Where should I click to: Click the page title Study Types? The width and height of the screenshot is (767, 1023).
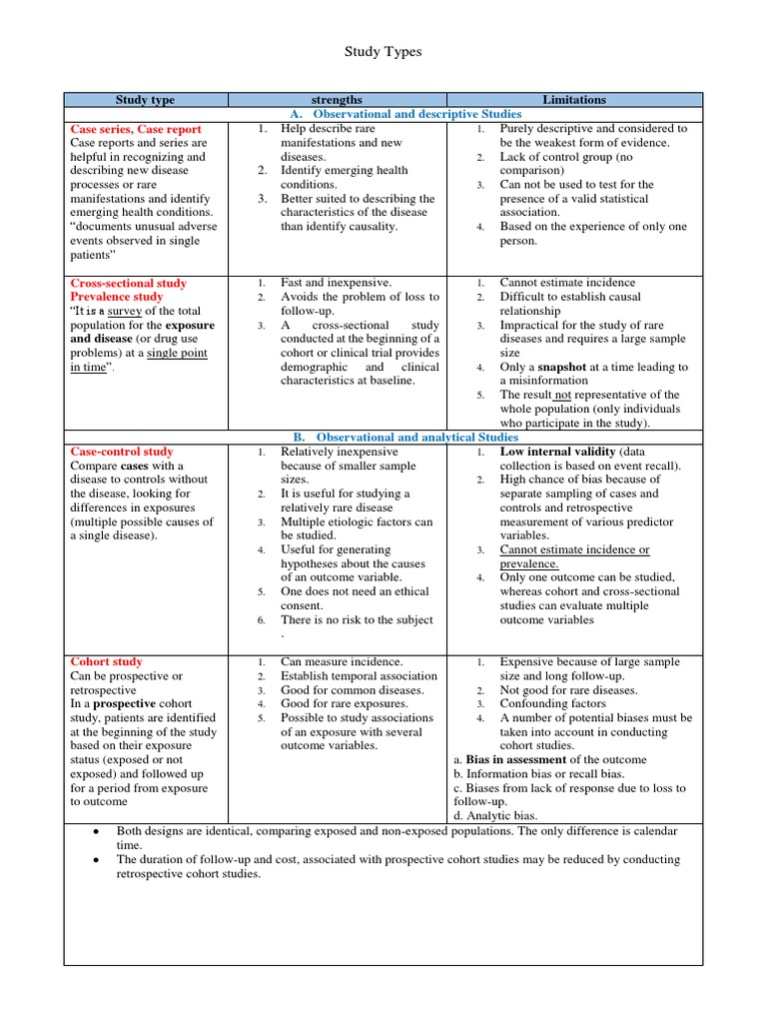pos(383,52)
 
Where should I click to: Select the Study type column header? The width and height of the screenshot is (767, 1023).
pos(145,100)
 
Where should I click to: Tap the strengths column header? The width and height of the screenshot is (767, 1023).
pos(337,100)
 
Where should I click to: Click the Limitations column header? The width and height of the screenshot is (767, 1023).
pos(574,100)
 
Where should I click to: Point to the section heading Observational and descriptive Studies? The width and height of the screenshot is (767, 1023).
pos(403,115)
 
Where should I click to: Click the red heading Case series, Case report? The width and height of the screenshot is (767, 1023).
pos(136,129)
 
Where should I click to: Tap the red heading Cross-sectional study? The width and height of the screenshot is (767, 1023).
pos(129,284)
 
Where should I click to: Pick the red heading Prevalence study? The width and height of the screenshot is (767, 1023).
pos(117,297)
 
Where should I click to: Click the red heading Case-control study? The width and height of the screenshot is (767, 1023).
pos(122,452)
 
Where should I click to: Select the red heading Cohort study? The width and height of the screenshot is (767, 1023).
pos(107,661)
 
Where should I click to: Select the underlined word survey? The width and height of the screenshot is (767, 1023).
pos(126,311)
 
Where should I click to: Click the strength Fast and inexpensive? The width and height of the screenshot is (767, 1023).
pos(337,283)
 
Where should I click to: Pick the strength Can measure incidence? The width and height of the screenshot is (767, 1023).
pos(342,661)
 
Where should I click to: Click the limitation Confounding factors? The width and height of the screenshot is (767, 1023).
pos(553,704)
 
